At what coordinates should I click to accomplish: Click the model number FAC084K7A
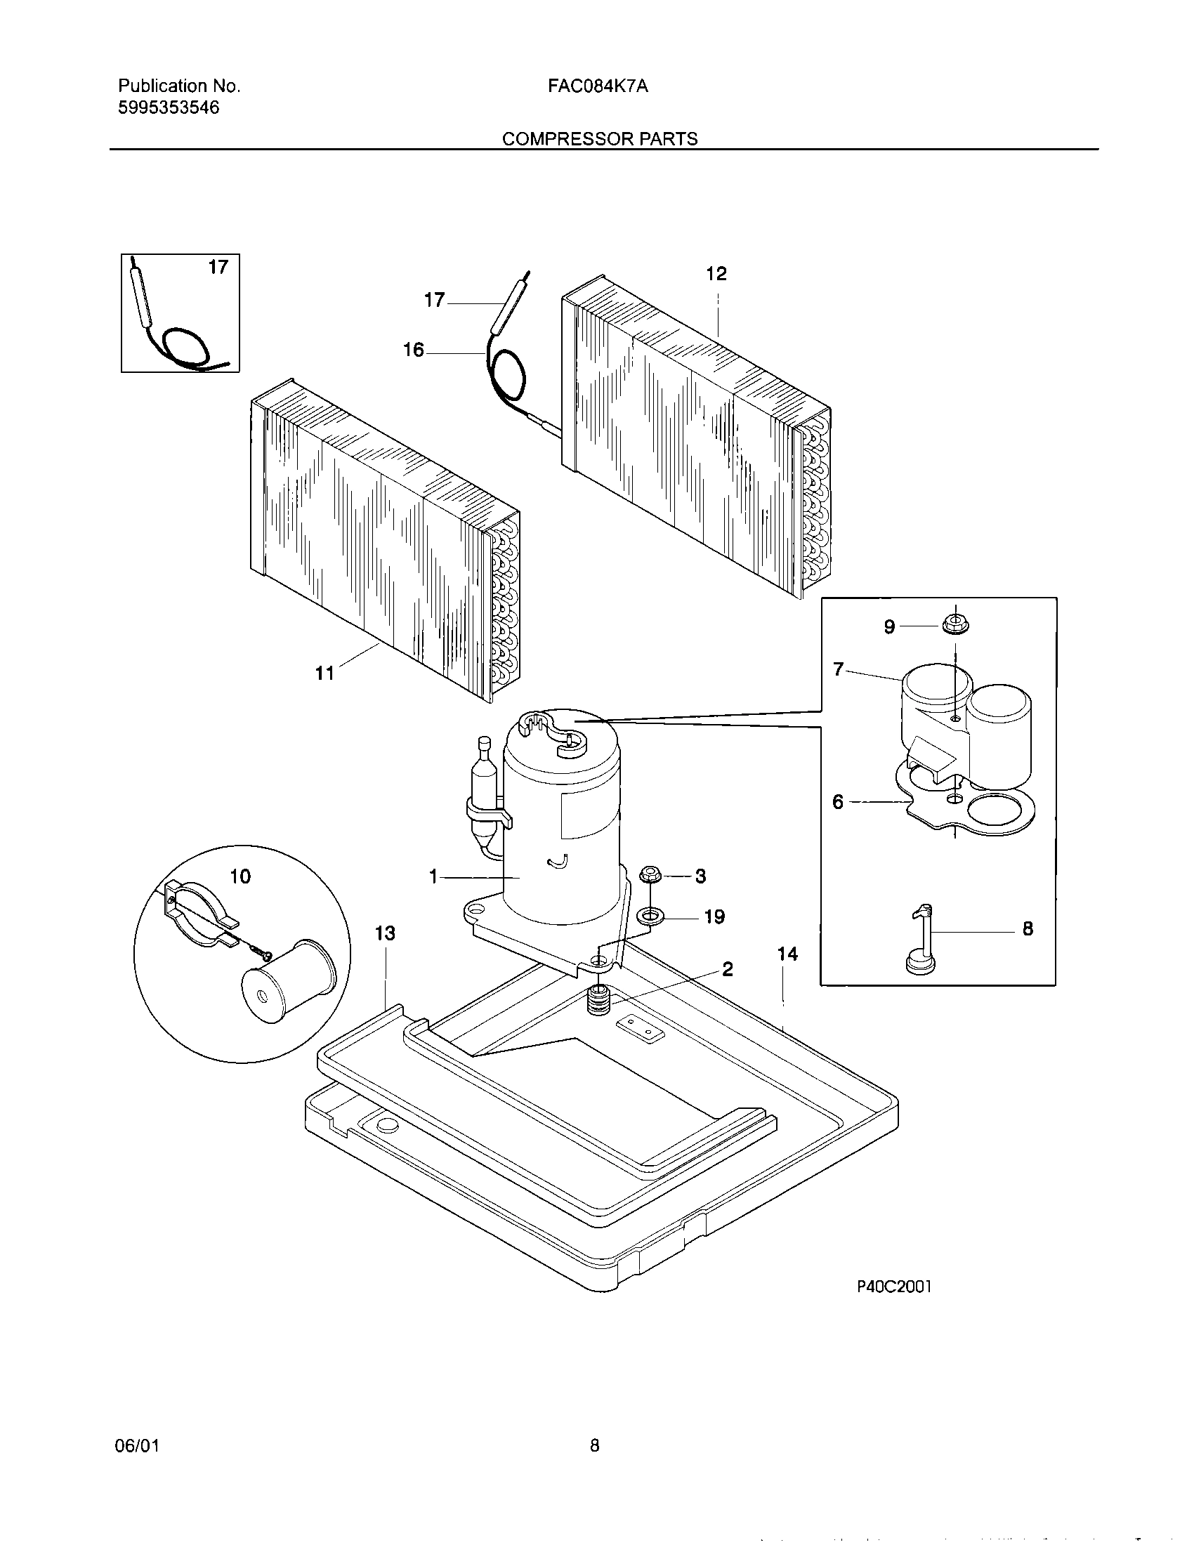coord(598,86)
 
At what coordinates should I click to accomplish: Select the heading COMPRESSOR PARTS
coord(600,139)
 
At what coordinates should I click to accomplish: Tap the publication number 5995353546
coord(169,107)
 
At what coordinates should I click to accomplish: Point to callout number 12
coord(716,274)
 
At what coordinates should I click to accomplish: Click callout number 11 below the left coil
coord(324,673)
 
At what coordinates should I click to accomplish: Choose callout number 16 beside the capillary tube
coord(413,350)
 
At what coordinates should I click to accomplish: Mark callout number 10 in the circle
coord(240,876)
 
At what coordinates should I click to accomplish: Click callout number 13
coord(385,934)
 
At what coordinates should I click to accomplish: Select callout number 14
coord(787,954)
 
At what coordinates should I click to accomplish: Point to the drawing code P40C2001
coord(894,1287)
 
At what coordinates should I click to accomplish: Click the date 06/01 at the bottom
coord(136,1446)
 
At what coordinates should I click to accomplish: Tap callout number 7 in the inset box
coord(838,669)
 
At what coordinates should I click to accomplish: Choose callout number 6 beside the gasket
coord(837,801)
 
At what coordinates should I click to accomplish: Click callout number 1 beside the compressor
coord(433,877)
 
